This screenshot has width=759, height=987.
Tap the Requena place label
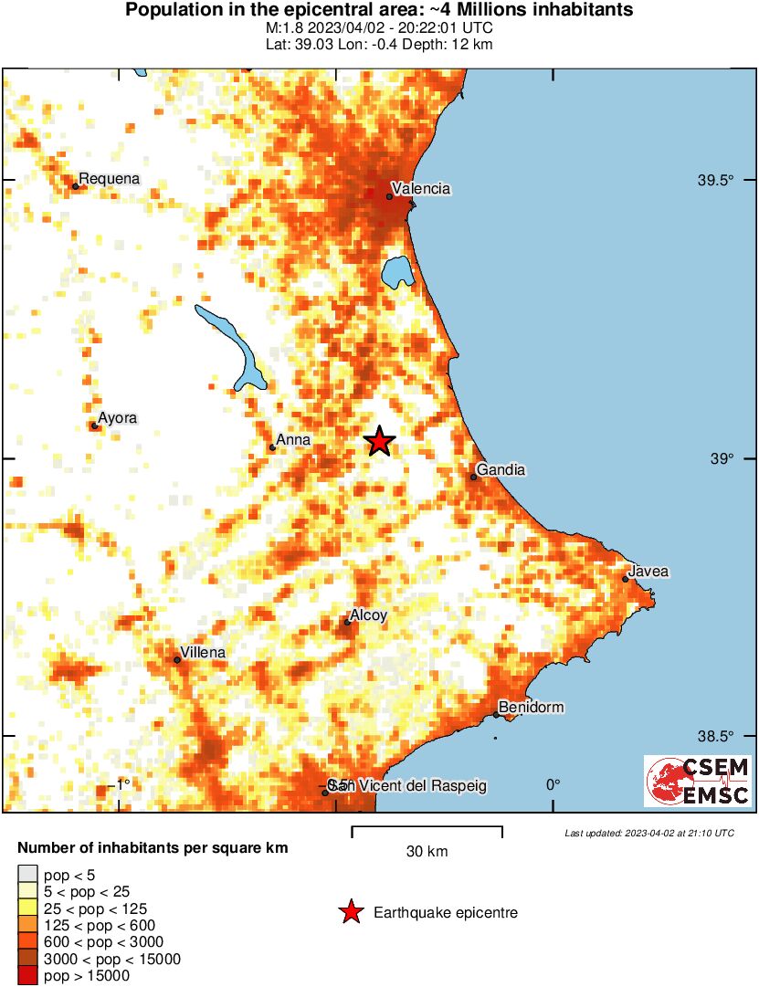[110, 179]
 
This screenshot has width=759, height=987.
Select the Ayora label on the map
[118, 418]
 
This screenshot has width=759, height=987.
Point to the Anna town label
[293, 440]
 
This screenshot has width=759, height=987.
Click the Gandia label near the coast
[501, 469]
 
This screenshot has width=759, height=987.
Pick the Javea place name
[649, 572]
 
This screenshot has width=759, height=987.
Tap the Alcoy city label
[369, 615]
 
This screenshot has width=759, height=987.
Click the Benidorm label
[531, 707]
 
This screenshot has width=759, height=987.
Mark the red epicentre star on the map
[379, 442]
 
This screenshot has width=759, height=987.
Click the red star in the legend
[349, 912]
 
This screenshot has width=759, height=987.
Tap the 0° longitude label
[553, 785]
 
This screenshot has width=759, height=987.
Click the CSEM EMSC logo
[698, 781]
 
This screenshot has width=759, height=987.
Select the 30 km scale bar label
[427, 852]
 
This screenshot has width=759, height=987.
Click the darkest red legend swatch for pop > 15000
[28, 975]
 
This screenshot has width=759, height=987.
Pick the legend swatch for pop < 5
[28, 874]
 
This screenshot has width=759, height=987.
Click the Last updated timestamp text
[648, 833]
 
